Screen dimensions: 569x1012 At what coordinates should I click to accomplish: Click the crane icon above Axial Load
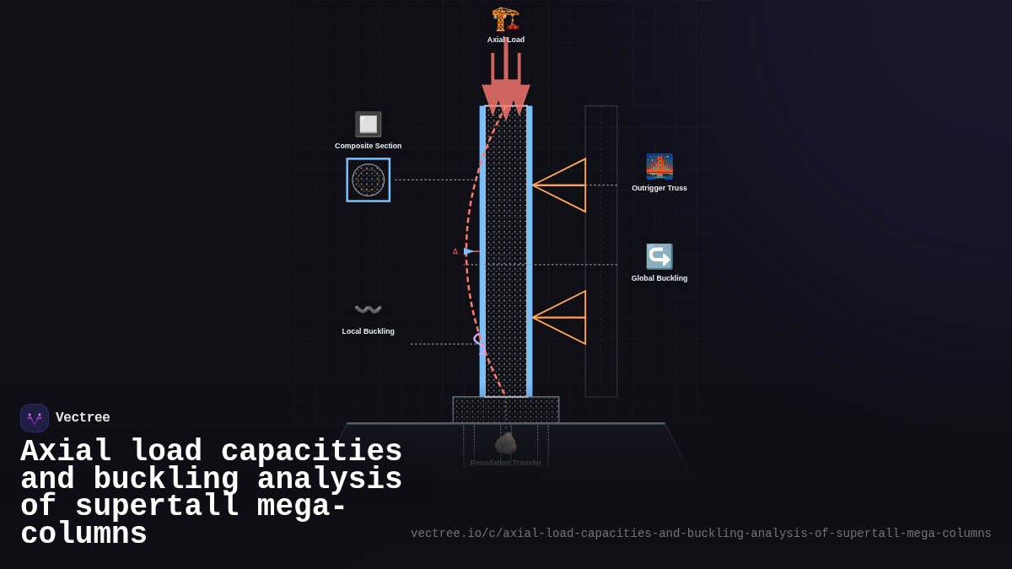point(505,19)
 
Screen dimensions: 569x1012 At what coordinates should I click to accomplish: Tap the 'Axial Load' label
point(505,40)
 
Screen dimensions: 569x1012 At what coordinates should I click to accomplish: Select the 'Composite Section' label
point(368,146)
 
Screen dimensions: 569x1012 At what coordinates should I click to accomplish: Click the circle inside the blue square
point(369,180)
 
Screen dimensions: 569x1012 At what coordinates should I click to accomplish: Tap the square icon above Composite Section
point(368,125)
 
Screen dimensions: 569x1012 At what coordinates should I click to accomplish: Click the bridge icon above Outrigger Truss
point(659,167)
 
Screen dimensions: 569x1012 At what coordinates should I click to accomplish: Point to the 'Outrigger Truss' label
point(659,188)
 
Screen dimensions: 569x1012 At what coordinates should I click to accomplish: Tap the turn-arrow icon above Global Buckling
point(659,256)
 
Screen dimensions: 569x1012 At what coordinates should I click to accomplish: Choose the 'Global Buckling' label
point(659,278)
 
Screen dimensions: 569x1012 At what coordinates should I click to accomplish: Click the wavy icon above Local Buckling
point(368,309)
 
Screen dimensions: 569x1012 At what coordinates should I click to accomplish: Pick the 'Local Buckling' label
point(368,331)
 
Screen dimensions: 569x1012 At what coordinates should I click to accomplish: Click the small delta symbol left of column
point(455,251)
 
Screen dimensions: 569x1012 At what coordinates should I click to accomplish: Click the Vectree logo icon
point(35,418)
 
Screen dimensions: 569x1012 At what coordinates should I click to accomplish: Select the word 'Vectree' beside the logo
point(83,418)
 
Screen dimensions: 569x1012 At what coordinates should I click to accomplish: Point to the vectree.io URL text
point(701,534)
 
